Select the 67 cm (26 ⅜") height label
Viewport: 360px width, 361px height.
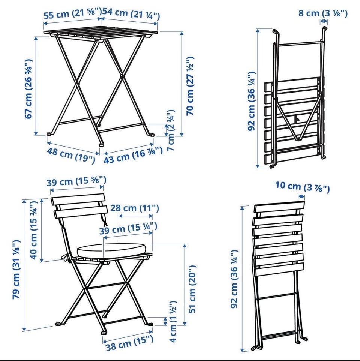28,89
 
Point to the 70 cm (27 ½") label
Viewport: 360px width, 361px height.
190,86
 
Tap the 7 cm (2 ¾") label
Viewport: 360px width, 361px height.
171,130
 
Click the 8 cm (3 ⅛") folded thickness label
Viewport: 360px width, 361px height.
323,13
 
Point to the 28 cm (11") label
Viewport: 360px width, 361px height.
135,208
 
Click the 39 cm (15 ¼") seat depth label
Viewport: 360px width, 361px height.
128,228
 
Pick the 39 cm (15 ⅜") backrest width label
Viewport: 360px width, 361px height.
76,181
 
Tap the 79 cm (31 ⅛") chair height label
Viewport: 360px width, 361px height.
16,270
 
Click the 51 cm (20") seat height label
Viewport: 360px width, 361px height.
192,289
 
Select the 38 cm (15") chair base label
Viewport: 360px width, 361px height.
129,343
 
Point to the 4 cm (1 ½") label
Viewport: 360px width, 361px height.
173,321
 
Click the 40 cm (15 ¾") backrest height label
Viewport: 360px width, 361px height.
34,230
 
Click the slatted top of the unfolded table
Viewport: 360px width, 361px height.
100,34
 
